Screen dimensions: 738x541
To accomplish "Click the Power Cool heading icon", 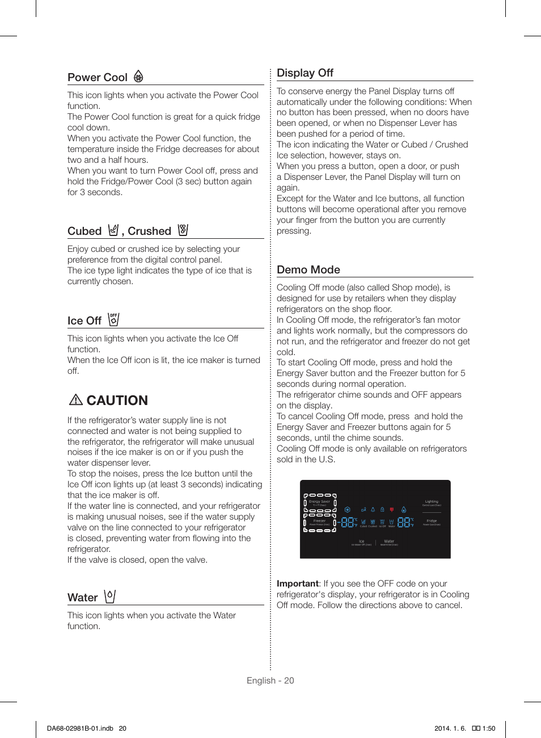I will point(138,77).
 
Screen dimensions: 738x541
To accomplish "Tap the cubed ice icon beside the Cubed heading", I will point(113,230).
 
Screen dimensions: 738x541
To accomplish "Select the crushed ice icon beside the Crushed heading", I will point(183,230).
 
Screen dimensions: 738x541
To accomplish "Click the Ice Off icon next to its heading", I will point(113,319).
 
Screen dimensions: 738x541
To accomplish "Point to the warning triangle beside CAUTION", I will point(76,400).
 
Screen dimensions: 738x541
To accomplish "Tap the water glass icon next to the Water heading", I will point(110,596).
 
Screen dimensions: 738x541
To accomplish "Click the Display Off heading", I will point(305,73).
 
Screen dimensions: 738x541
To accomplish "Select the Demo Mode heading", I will point(308,270).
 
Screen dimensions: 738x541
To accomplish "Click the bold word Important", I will point(298,584).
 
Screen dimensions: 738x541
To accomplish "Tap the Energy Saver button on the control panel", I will point(319,503).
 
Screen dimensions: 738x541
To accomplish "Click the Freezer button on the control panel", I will point(319,522).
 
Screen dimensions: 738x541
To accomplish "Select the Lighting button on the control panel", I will point(432,503).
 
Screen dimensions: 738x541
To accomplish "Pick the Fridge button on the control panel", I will point(432,522).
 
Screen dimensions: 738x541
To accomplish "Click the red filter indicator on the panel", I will point(391,509).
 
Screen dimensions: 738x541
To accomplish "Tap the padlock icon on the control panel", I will point(382,509).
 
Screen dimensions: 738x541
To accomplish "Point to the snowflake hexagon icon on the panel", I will point(348,509).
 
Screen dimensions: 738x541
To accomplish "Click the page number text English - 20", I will point(270,681).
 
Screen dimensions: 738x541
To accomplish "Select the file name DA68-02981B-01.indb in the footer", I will point(80,728).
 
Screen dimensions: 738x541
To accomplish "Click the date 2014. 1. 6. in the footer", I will point(450,728).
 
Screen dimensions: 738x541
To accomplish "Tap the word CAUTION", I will point(117,400).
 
